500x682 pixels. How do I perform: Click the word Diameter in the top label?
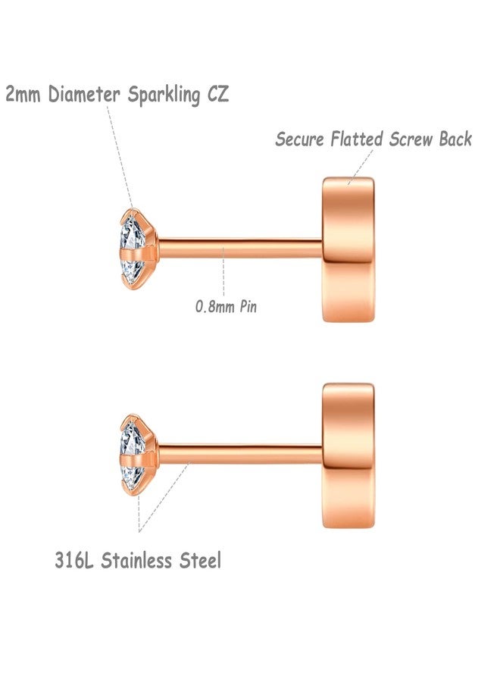(84, 94)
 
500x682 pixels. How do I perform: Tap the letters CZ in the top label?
(218, 94)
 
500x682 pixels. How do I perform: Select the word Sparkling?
(164, 95)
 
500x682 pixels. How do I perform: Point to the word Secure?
(300, 139)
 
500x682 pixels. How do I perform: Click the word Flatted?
(357, 139)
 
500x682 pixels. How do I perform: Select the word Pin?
(248, 306)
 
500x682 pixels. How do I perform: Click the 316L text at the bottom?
(74, 560)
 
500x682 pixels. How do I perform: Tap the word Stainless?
(136, 560)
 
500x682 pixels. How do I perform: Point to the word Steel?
(201, 560)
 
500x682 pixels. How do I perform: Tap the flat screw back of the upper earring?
(348, 249)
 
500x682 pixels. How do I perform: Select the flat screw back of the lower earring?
(348, 456)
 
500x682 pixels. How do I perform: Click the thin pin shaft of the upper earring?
(240, 248)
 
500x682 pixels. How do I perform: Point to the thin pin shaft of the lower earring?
(240, 454)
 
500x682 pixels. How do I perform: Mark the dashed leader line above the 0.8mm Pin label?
(223, 272)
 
